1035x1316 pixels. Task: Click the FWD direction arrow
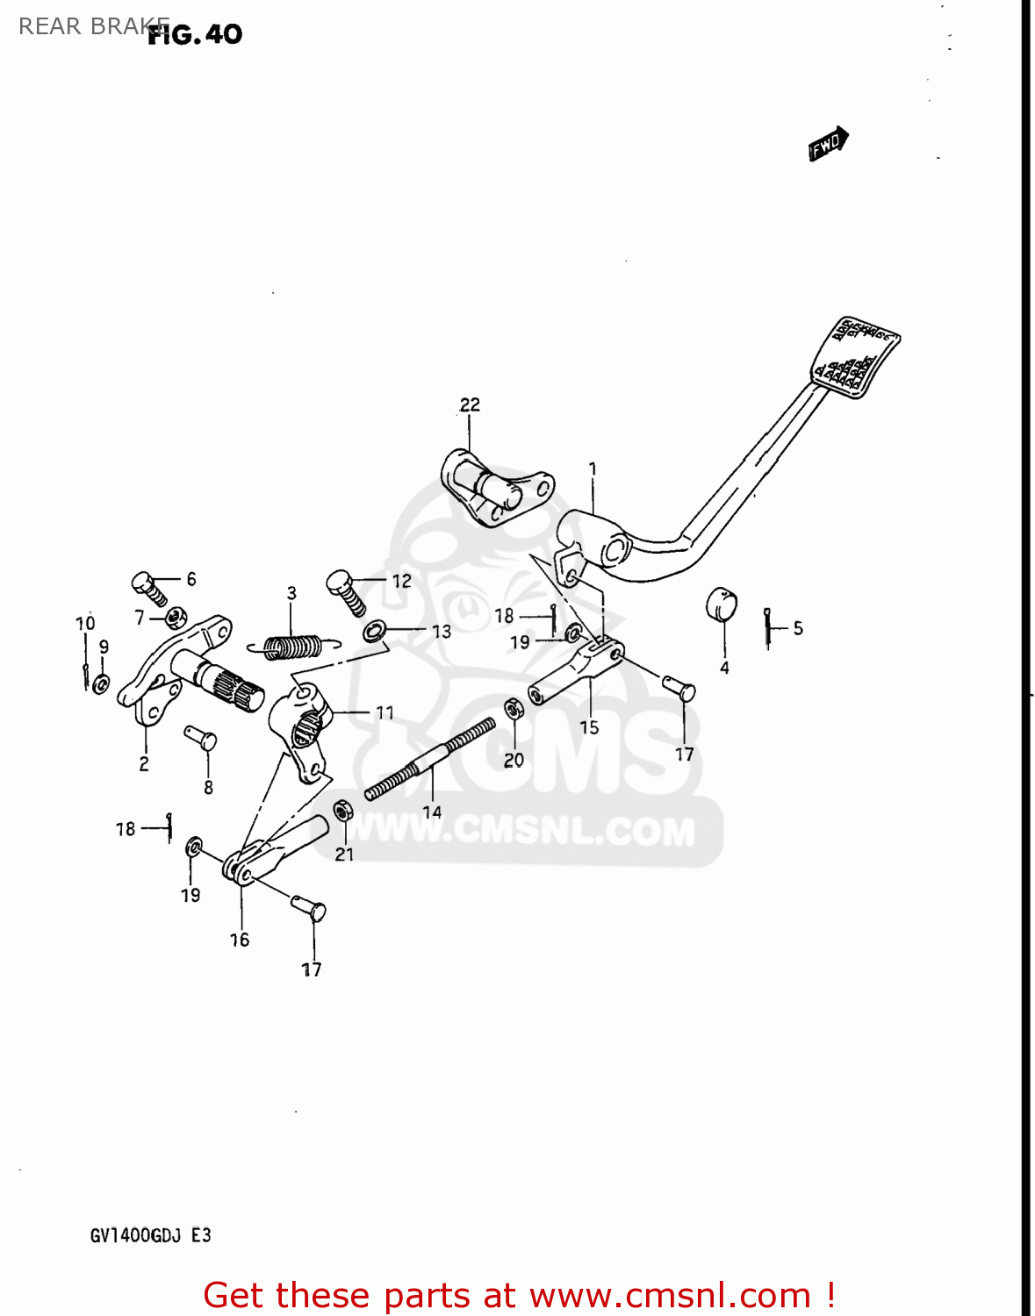(x=828, y=144)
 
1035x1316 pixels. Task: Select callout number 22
(x=470, y=404)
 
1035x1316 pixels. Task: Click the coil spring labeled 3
(x=292, y=647)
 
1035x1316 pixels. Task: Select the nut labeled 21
(x=343, y=811)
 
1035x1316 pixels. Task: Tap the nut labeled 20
(x=513, y=710)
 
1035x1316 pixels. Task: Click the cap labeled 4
(x=721, y=604)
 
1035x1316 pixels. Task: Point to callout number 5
(x=797, y=628)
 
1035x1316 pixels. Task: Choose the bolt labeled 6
(x=148, y=588)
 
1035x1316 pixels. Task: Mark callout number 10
(x=85, y=624)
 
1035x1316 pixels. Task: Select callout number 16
(x=240, y=940)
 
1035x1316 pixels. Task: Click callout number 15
(x=589, y=727)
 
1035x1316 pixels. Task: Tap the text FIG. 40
(x=195, y=34)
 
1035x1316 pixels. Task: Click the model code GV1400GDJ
(x=135, y=1235)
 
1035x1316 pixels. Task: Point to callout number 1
(x=593, y=469)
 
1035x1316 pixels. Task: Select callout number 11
(x=385, y=713)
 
